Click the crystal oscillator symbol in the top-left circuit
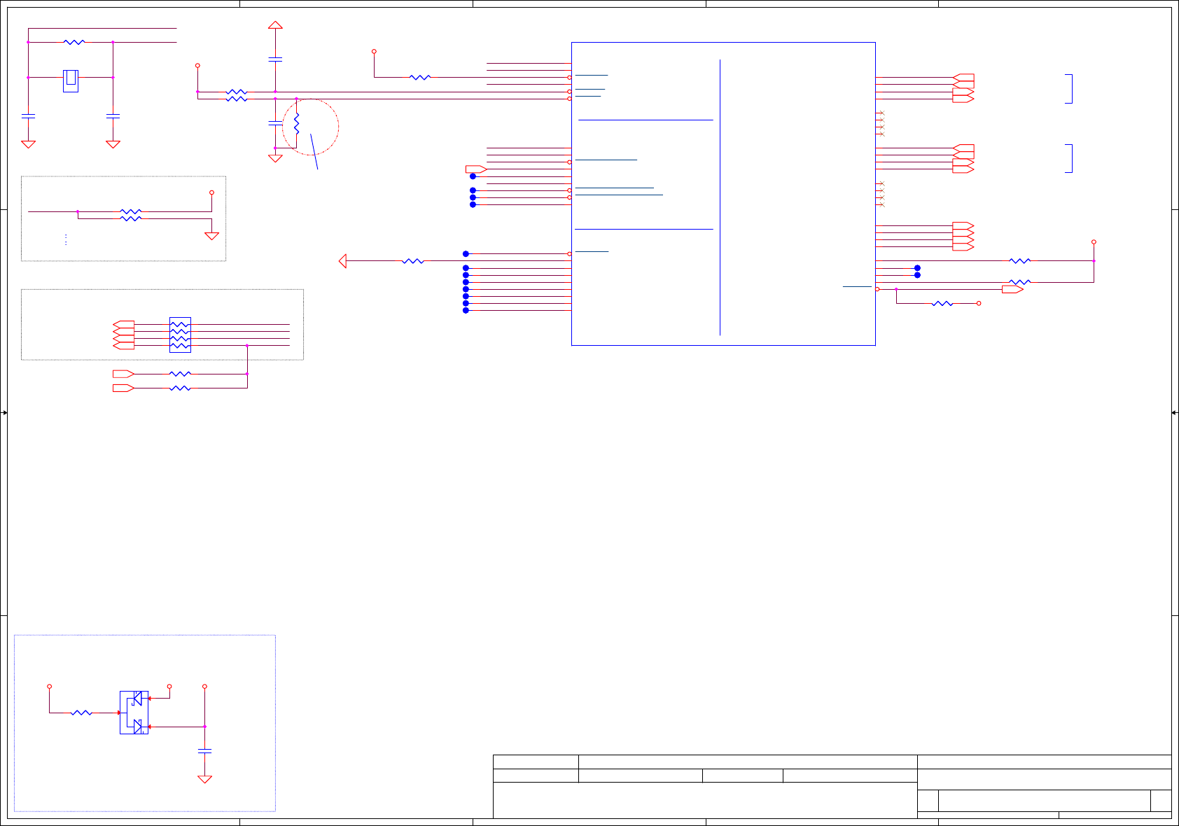pos(71,80)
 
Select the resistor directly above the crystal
pos(74,42)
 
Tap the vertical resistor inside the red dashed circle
pos(296,124)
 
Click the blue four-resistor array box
pos(180,335)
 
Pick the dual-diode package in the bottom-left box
pos(134,713)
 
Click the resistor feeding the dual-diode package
pos(82,713)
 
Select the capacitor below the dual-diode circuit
pos(204,750)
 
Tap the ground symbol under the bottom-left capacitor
pos(204,778)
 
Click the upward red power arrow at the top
pos(275,25)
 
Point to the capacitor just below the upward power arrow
pos(275,59)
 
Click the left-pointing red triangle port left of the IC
pos(342,261)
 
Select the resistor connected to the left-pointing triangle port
pos(413,261)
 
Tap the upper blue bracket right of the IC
pos(1069,88)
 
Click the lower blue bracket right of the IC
pos(1069,158)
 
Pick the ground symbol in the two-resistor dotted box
pos(211,236)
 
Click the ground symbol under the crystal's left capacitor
pos(28,144)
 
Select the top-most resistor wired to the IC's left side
pos(420,77)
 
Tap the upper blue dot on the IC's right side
pos(917,268)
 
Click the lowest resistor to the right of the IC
pos(942,303)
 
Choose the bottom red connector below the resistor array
pos(123,388)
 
